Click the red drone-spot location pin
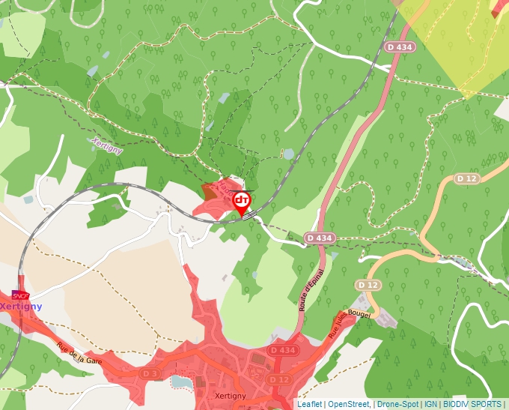pyautogui.click(x=241, y=202)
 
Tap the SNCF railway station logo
pyautogui.click(x=20, y=297)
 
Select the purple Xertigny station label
pyautogui.click(x=21, y=307)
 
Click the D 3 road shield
pyautogui.click(x=150, y=373)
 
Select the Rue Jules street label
pyautogui.click(x=340, y=325)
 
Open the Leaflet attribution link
pyautogui.click(x=309, y=404)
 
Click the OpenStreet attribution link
pyautogui.click(x=348, y=404)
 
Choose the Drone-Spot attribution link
pyautogui.click(x=397, y=404)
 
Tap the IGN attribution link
pyautogui.click(x=431, y=404)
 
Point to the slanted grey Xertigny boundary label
pyautogui.click(x=106, y=146)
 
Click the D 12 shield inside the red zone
pyautogui.click(x=279, y=380)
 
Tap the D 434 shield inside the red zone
pyautogui.click(x=284, y=350)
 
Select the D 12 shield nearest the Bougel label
pyautogui.click(x=368, y=285)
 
